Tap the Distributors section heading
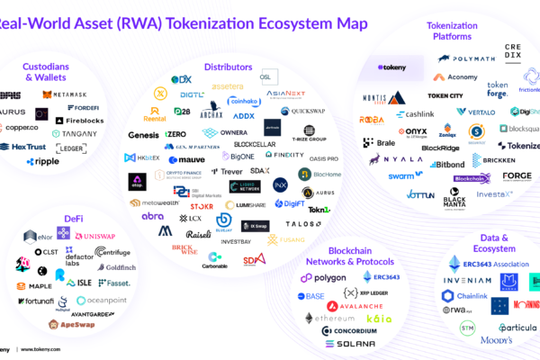tap(229, 66)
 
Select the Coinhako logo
tap(246, 102)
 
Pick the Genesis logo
tap(143, 135)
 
